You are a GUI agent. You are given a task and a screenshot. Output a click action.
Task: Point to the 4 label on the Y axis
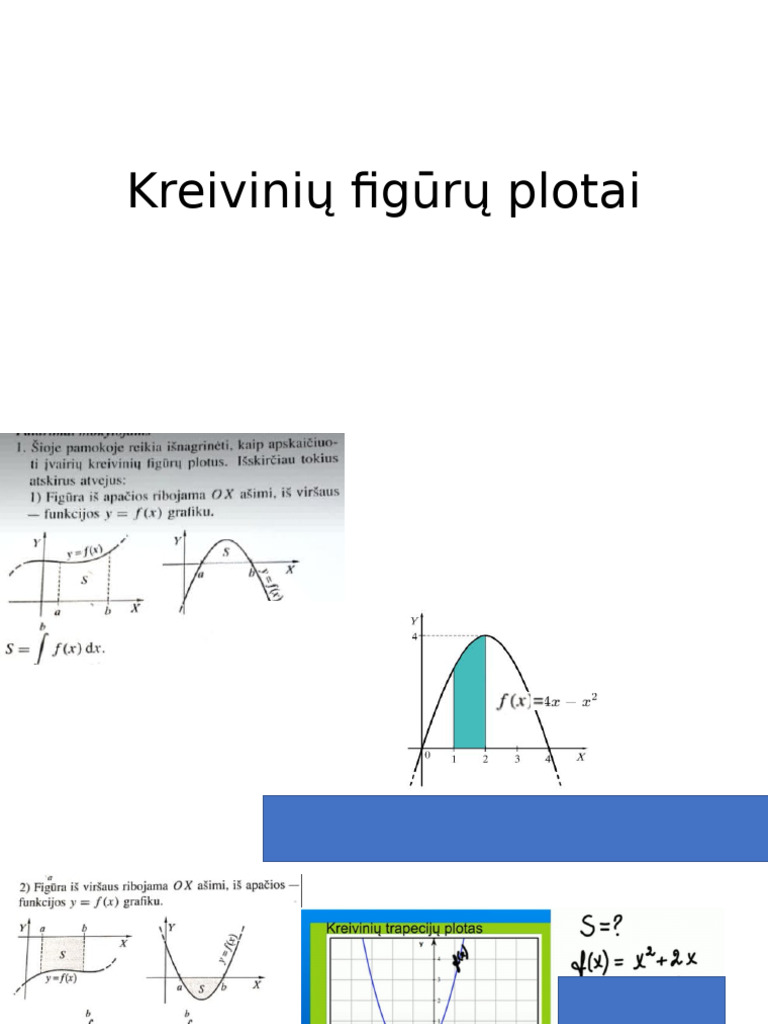pos(415,636)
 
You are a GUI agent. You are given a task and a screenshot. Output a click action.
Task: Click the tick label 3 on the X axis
pos(517,760)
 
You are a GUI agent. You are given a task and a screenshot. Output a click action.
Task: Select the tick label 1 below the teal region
pos(453,760)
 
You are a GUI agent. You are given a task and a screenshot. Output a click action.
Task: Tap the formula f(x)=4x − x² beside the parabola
pos(547,701)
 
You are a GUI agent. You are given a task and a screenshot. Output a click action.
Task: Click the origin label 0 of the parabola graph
pos(427,757)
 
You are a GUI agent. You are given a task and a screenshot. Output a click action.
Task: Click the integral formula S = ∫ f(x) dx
pos(56,648)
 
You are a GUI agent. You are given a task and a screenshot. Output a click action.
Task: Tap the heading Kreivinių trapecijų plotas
pos(404,928)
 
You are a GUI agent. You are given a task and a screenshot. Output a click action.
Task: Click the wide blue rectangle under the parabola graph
pos(515,828)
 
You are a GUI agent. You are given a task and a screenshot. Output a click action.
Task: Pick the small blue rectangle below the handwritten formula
pos(641,1000)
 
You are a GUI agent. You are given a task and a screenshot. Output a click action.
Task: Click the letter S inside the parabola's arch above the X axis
pos(226,551)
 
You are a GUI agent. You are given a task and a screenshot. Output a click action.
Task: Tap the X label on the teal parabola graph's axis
pos(581,757)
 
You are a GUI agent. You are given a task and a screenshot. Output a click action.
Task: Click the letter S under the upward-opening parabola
pos(203,989)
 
